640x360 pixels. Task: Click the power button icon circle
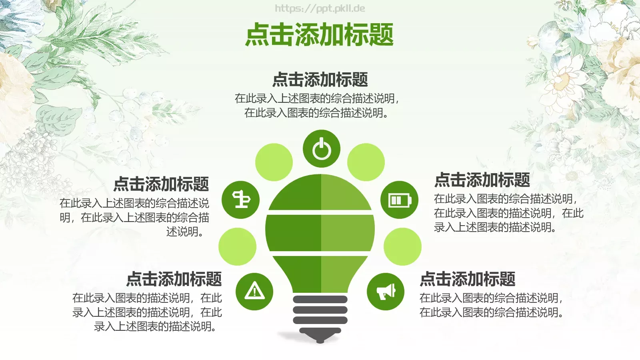[x=321, y=149]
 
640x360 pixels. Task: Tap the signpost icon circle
[x=241, y=200]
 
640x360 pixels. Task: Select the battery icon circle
[x=399, y=200]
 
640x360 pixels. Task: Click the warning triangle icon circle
[x=254, y=292]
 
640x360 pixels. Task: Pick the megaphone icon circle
[x=386, y=292]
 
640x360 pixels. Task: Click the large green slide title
[x=320, y=34]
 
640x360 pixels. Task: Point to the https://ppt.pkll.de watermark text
[x=320, y=8]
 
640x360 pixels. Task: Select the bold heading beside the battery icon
[x=482, y=180]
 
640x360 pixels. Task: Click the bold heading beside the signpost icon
[x=161, y=184]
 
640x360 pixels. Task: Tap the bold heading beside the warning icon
[x=174, y=279]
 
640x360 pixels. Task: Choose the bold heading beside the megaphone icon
[x=467, y=279]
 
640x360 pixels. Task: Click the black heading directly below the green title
[x=320, y=80]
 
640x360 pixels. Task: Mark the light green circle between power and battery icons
[x=366, y=162]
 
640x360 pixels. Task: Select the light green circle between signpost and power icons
[x=274, y=162]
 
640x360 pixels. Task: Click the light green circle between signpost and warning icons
[x=237, y=246]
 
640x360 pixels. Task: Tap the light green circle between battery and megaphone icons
[x=402, y=246]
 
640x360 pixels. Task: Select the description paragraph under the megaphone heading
[x=491, y=305]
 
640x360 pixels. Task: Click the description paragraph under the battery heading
[x=508, y=213]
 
